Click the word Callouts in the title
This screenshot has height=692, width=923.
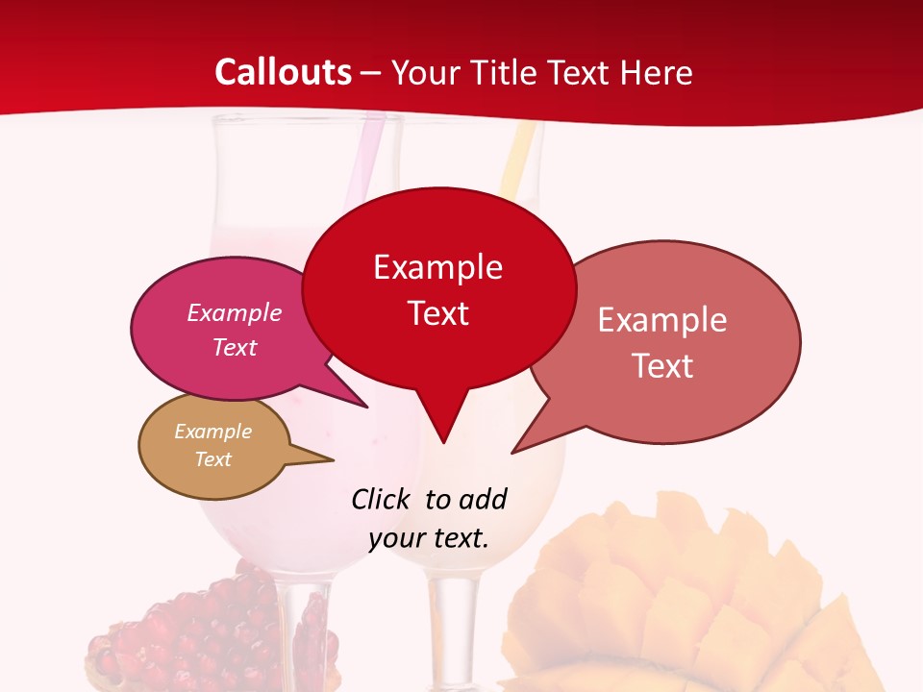283,72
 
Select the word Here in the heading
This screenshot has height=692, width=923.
656,72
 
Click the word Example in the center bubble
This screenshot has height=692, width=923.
437,267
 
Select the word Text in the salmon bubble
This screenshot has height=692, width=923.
662,366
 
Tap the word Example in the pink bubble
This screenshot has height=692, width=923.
234,312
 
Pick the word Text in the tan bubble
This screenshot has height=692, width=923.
212,459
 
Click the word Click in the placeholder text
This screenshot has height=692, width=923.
383,499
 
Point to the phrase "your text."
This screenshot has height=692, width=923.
429,538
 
